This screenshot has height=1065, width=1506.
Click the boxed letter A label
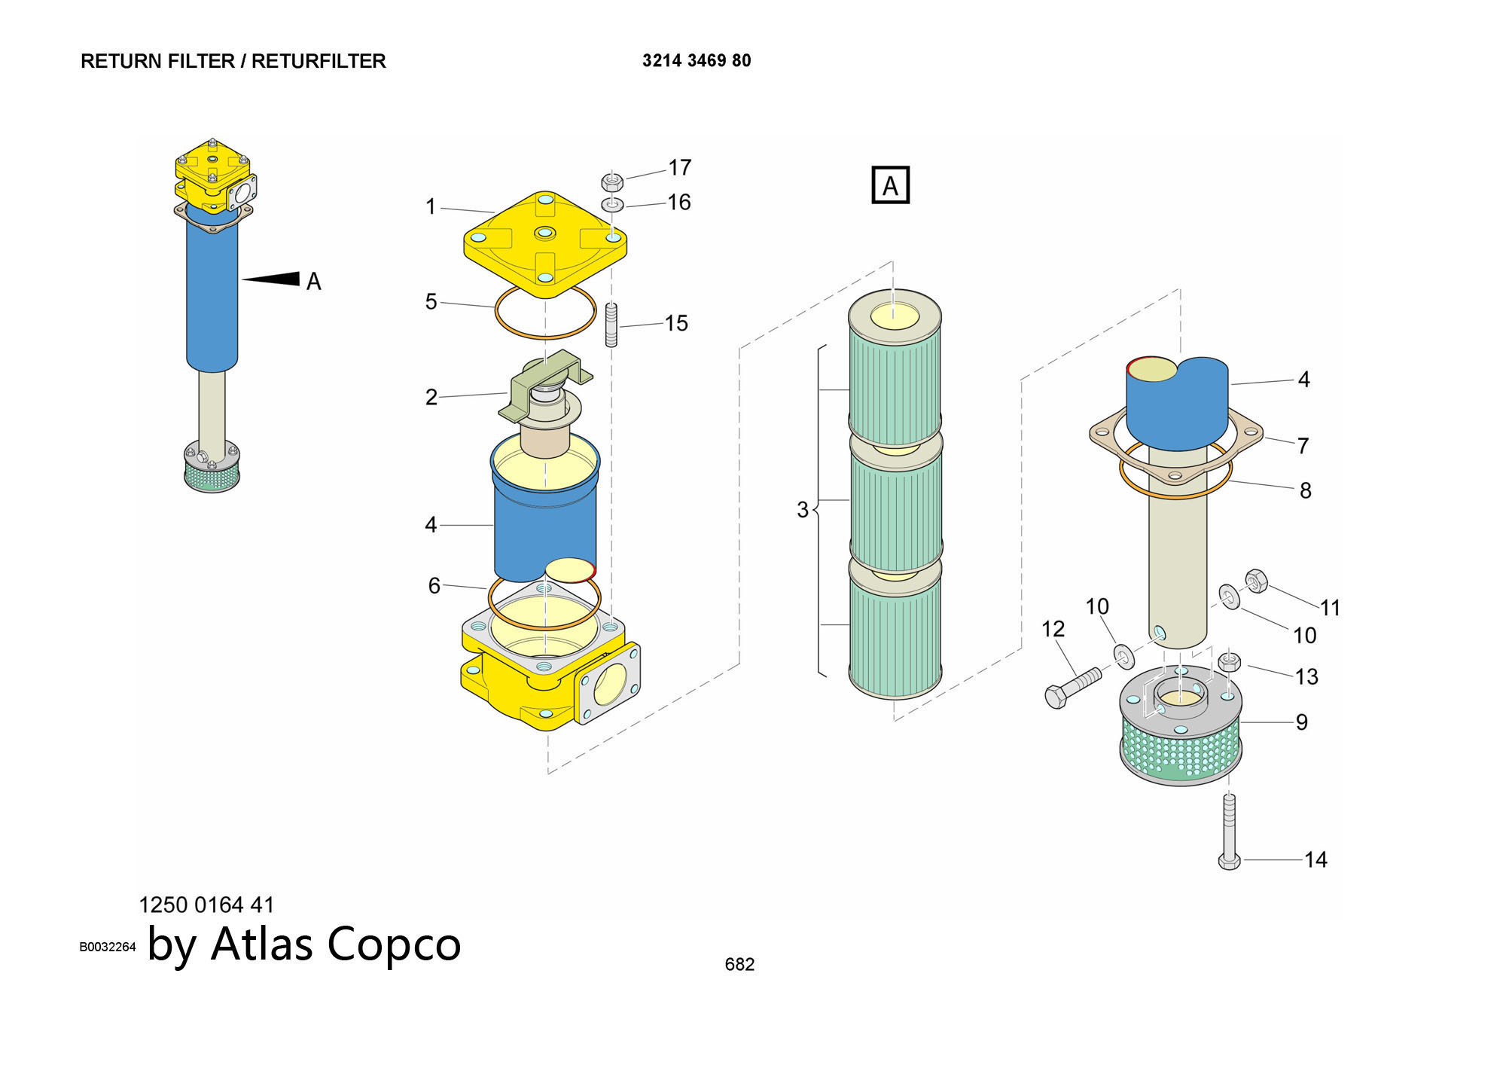tap(890, 185)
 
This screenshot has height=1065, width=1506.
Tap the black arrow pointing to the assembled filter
tap(272, 279)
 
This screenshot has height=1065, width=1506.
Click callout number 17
tap(679, 167)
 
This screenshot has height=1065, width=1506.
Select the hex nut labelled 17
tap(612, 182)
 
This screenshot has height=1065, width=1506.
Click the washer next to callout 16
tap(612, 204)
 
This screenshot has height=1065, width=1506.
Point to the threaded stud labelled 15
tap(611, 325)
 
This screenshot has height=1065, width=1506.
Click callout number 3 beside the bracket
tap(803, 510)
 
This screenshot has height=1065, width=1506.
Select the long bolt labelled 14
tap(1229, 832)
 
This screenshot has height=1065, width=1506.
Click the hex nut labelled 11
tap(1255, 581)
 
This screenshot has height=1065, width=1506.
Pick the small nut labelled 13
tap(1229, 662)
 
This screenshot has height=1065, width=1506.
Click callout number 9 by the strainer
tap(1301, 722)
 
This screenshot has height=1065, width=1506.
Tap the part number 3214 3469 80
tap(697, 60)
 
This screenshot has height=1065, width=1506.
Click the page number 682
tap(739, 964)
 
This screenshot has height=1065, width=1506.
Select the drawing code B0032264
tap(108, 947)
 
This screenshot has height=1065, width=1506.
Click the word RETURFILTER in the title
tap(319, 61)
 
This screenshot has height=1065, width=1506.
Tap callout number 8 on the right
tap(1305, 490)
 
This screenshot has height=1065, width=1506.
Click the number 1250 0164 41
tap(206, 905)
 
